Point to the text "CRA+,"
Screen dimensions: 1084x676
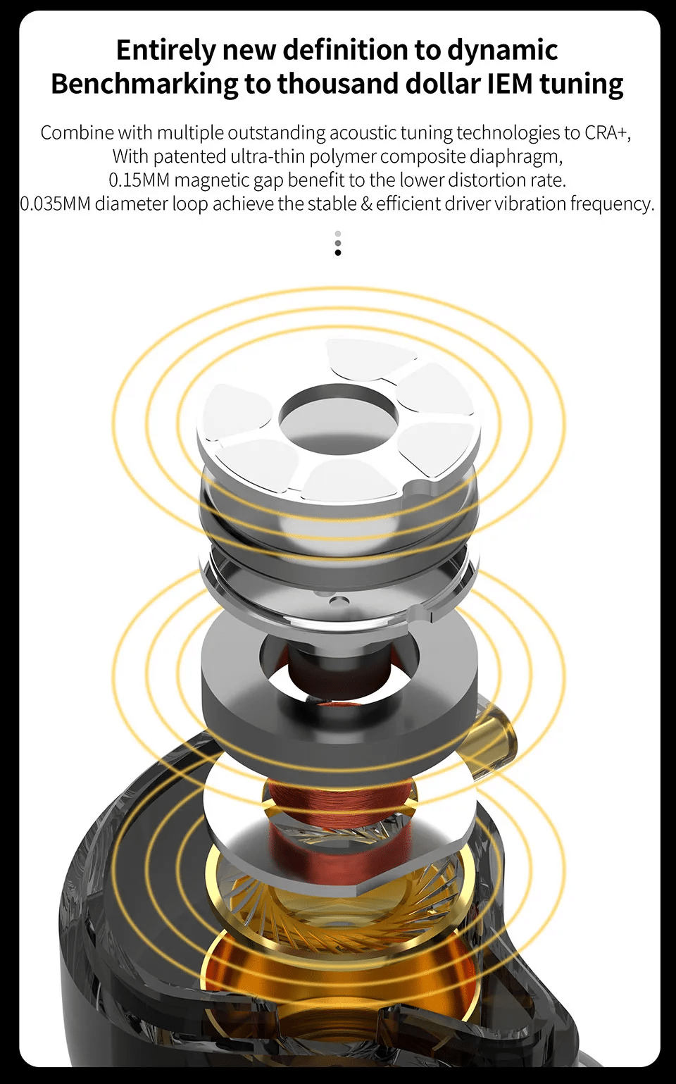click(x=607, y=133)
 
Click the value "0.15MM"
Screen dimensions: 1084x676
click(x=139, y=180)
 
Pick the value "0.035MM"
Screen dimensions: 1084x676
click(x=55, y=204)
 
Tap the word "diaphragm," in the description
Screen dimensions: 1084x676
click(x=515, y=156)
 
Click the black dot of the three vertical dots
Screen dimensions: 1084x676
click(x=338, y=253)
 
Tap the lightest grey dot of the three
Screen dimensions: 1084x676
click(x=338, y=234)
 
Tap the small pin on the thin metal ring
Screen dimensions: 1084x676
click(x=339, y=600)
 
